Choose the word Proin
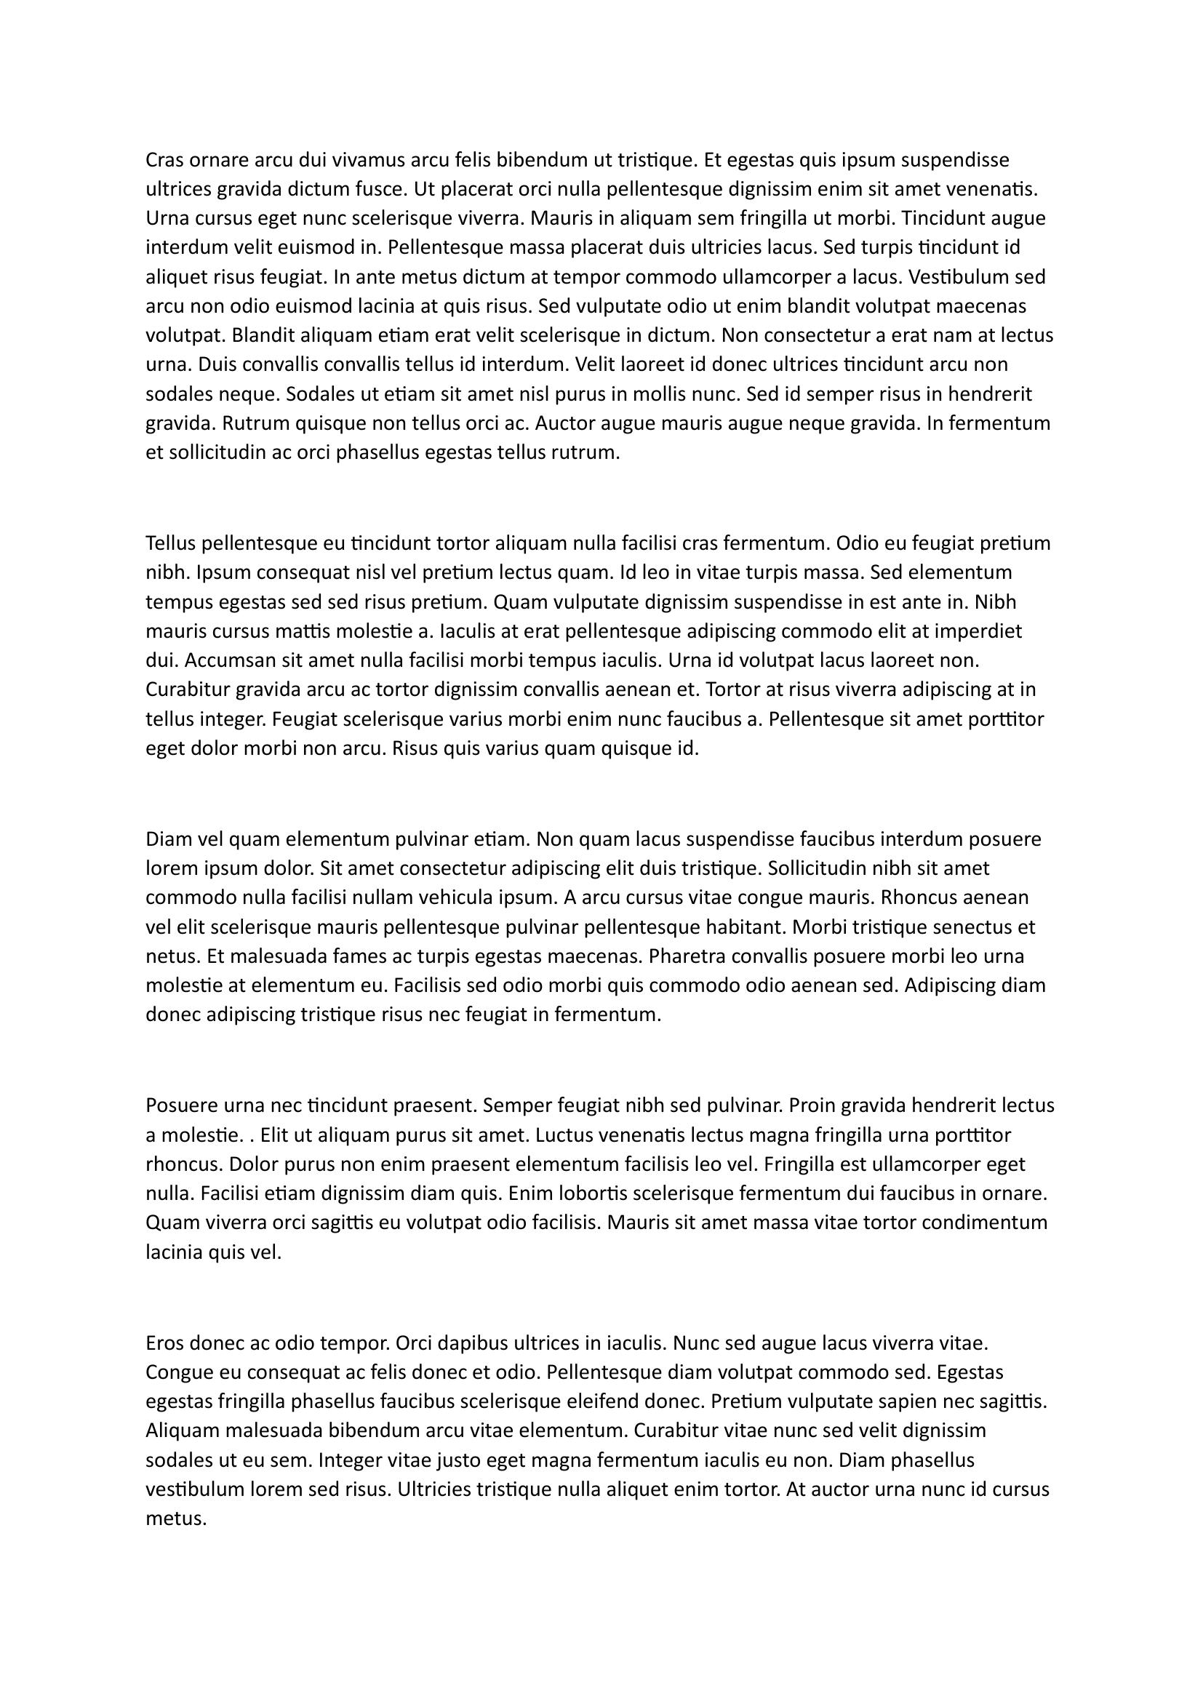click(x=813, y=1106)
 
